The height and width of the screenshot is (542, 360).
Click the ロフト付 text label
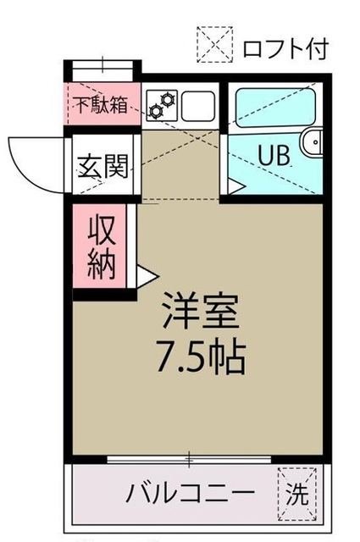click(x=285, y=49)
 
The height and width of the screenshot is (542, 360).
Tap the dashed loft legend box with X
click(x=215, y=45)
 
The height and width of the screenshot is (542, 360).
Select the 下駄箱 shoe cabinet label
click(x=102, y=105)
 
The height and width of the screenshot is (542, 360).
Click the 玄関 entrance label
click(x=102, y=166)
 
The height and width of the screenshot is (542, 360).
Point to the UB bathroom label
click(x=274, y=156)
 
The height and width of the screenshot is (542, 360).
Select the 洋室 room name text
click(x=202, y=311)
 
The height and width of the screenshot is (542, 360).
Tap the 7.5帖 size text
click(x=202, y=357)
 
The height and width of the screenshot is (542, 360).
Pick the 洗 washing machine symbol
click(x=297, y=494)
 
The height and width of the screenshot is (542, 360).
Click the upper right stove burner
click(x=168, y=100)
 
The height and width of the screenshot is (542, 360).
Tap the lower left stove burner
click(x=155, y=111)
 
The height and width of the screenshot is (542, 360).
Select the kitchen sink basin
click(x=198, y=106)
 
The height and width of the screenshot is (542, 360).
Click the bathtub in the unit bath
click(x=275, y=108)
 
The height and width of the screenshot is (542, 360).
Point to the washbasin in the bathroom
click(x=313, y=142)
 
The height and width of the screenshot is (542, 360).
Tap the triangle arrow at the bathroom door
click(x=236, y=186)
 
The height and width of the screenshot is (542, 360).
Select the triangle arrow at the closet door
click(x=147, y=276)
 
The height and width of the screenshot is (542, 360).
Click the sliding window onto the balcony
click(x=189, y=459)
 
